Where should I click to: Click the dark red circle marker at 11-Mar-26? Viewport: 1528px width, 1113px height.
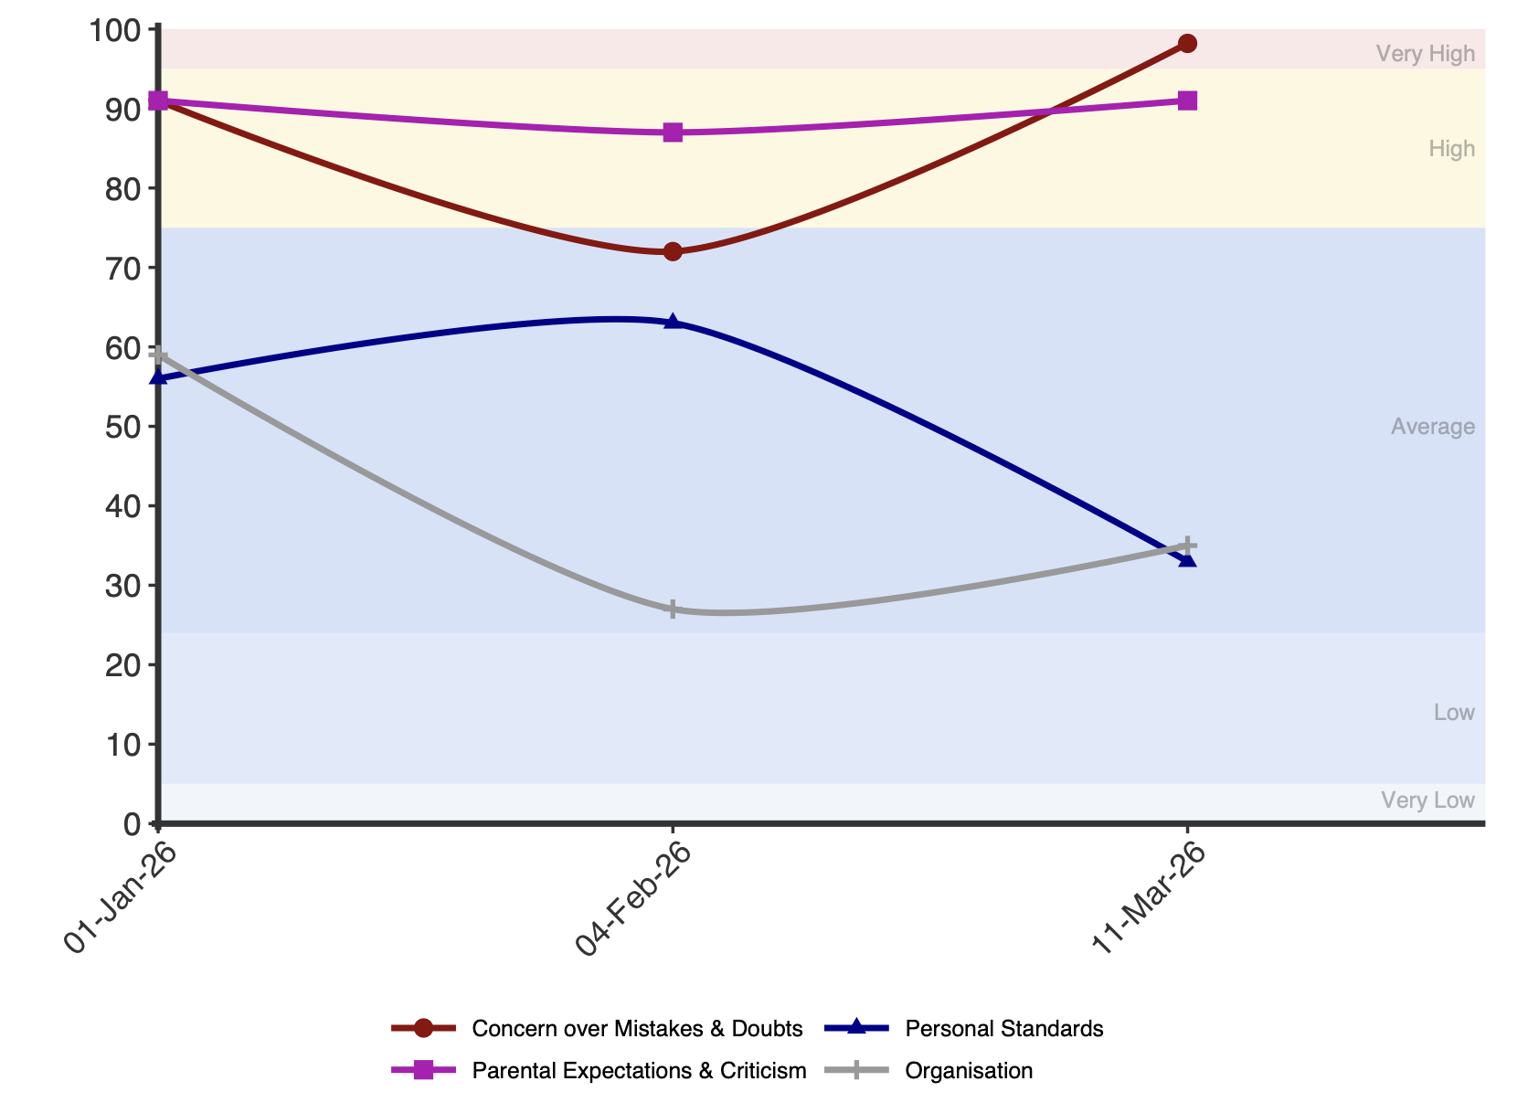point(1188,44)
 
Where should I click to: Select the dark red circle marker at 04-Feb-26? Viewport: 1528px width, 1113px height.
point(673,251)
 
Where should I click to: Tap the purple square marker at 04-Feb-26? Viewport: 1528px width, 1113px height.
point(673,132)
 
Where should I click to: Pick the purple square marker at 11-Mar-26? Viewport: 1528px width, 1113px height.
point(1188,101)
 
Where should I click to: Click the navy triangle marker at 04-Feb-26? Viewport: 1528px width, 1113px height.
point(673,322)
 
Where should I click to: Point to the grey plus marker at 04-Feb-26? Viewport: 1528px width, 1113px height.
point(673,609)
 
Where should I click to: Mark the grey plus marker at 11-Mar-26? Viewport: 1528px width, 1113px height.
point(1188,546)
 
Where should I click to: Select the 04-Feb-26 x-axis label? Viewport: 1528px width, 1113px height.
point(633,898)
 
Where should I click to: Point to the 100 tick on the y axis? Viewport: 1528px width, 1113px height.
point(115,31)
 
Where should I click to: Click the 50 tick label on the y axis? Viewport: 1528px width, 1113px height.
point(122,428)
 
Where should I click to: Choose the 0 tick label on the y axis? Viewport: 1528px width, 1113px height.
point(133,824)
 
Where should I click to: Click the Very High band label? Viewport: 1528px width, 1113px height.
point(1425,54)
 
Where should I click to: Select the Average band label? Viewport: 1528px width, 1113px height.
point(1433,427)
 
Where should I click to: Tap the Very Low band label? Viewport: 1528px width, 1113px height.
point(1427,800)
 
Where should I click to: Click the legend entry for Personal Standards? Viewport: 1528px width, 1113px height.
point(964,1028)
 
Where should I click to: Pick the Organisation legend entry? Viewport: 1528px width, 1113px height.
point(928,1071)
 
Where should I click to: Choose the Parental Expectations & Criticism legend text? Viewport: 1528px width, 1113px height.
point(639,1071)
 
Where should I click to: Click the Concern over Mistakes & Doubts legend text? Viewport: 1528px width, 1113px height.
point(637,1028)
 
